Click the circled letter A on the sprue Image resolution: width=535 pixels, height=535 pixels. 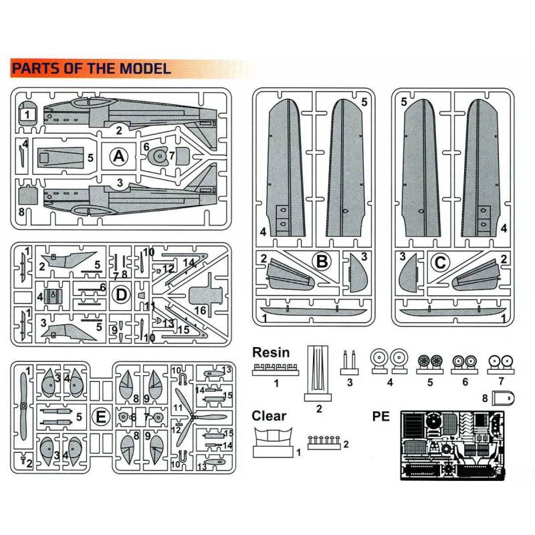(x=118, y=156)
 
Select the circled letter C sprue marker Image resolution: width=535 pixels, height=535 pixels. (x=440, y=263)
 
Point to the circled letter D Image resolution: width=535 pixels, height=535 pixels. (x=121, y=293)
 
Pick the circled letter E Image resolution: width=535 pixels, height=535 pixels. (x=100, y=417)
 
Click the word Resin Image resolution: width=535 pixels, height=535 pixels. (x=271, y=352)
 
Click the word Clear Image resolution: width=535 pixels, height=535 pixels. (x=269, y=416)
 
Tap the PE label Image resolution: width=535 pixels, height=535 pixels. (x=381, y=417)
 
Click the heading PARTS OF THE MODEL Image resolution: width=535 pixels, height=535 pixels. (x=91, y=68)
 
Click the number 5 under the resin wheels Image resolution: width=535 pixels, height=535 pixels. (x=431, y=383)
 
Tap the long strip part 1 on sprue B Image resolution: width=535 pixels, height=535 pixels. (x=314, y=312)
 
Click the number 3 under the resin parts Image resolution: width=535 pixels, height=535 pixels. (x=349, y=383)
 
